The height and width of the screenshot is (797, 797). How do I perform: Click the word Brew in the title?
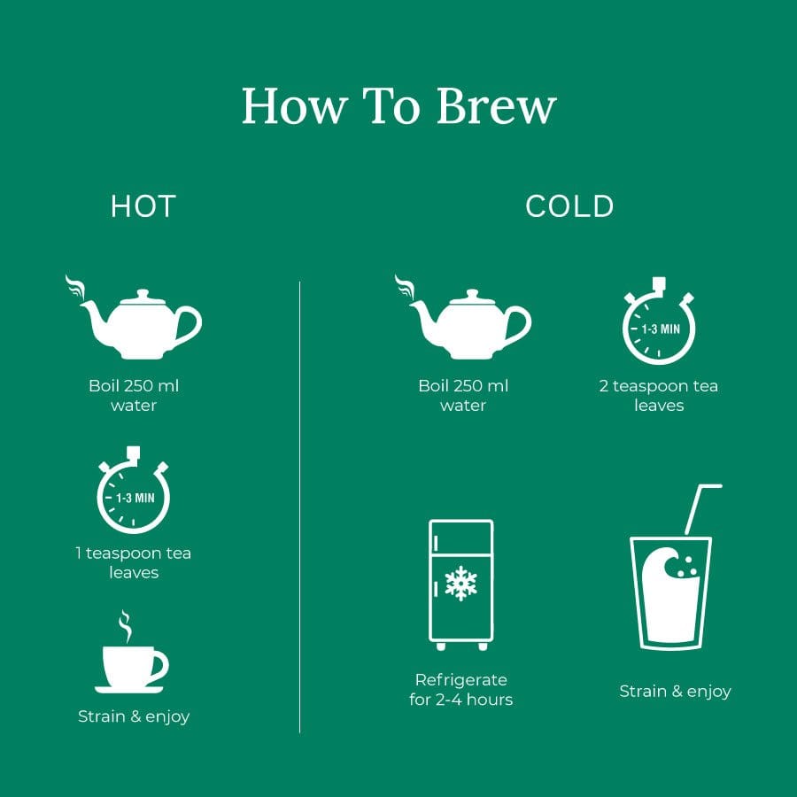pyautogui.click(x=496, y=106)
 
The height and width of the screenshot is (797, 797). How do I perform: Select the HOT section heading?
pyautogui.click(x=143, y=206)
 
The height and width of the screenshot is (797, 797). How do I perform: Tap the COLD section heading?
pyautogui.click(x=569, y=206)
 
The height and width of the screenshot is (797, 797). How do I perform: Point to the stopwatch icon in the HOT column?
pyautogui.click(x=133, y=494)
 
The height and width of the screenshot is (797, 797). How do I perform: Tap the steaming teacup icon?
pyautogui.click(x=131, y=660)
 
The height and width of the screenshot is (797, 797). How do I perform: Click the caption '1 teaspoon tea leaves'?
pyautogui.click(x=133, y=562)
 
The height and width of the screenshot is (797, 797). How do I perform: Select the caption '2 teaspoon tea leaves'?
pyautogui.click(x=659, y=396)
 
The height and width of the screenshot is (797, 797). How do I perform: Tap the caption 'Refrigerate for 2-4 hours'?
pyautogui.click(x=460, y=690)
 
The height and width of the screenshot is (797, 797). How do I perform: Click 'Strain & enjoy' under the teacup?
pyautogui.click(x=134, y=716)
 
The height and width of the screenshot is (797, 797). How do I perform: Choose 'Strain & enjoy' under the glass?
pyautogui.click(x=675, y=692)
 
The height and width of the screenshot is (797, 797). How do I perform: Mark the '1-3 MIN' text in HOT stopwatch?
pyautogui.click(x=135, y=498)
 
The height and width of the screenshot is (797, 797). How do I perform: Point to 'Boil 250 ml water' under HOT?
pyautogui.click(x=134, y=396)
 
